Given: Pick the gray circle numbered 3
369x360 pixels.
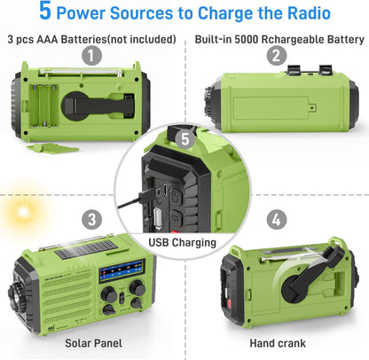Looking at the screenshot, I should pyautogui.click(x=92, y=219).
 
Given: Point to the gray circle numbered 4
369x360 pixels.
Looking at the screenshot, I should pyautogui.click(x=276, y=219).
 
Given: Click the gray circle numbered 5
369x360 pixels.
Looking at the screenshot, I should pyautogui.click(x=184, y=139).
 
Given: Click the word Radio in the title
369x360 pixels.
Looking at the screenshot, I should pyautogui.click(x=304, y=14).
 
